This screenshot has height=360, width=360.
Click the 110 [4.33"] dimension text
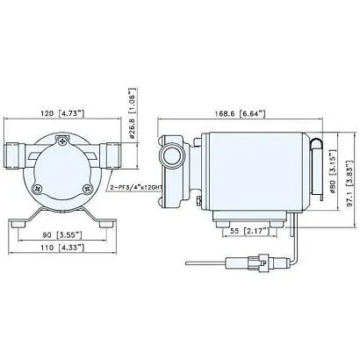(64, 251)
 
